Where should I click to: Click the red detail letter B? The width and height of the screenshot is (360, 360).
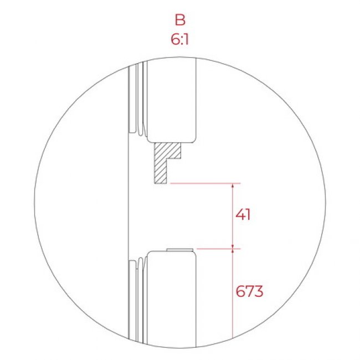click(x=179, y=20)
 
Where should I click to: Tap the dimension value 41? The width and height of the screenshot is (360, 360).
click(x=242, y=214)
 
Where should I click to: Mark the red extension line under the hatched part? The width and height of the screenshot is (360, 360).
click(x=205, y=183)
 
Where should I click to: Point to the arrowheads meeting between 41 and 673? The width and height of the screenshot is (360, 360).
click(x=233, y=249)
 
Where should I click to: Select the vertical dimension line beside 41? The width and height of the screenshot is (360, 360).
click(x=233, y=216)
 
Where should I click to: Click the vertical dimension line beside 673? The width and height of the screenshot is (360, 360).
click(x=233, y=294)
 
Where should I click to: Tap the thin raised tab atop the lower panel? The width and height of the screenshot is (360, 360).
click(x=179, y=250)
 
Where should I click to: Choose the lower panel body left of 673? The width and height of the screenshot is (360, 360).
click(x=172, y=294)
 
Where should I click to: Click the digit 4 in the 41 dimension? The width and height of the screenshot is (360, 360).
click(x=238, y=214)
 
